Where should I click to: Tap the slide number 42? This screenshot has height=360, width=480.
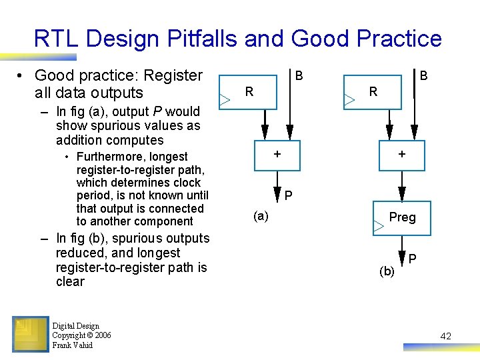[445, 337]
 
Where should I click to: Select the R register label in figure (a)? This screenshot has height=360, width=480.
[249, 92]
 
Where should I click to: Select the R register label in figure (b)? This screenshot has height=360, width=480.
[373, 92]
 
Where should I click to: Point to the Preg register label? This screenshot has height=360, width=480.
[402, 217]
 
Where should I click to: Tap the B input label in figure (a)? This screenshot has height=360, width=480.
[299, 76]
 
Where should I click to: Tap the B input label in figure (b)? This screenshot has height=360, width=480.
[423, 76]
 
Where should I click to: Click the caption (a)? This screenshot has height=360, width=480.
[261, 215]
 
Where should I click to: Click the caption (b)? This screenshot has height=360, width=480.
[386, 271]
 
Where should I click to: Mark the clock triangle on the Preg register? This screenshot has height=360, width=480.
[379, 227]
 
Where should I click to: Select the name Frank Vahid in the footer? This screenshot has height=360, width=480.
[72, 345]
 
